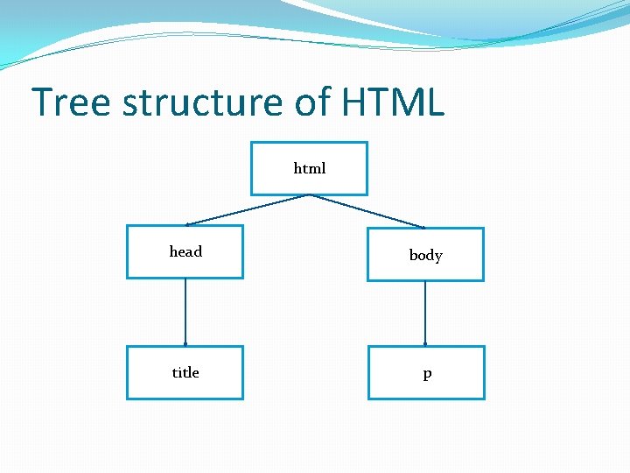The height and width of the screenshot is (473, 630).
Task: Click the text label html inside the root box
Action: tap(310, 168)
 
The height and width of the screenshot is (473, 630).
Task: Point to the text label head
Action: tap(185, 252)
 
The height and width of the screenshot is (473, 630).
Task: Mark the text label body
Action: tap(426, 256)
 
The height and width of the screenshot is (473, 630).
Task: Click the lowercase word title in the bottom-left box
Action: tap(185, 373)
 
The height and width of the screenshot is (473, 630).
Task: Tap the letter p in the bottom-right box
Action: tap(427, 374)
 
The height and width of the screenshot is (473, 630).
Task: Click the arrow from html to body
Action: tap(367, 211)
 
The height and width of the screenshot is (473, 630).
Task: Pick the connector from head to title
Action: tap(185, 312)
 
